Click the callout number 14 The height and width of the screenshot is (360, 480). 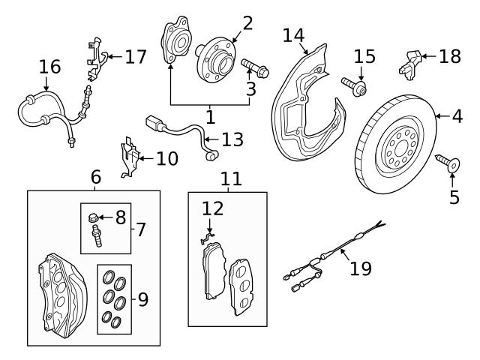(295, 35)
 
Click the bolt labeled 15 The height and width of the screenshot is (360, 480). (355, 87)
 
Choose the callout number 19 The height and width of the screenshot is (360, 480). (361, 268)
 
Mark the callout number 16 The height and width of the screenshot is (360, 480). (49, 67)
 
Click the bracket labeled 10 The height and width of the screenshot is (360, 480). (130, 158)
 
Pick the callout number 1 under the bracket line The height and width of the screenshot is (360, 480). (211, 116)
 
